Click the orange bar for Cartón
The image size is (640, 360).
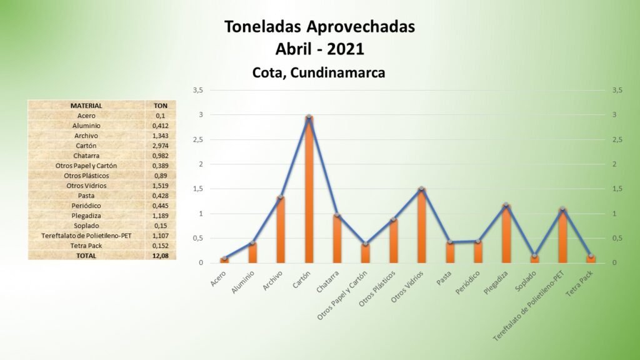click(x=309, y=190)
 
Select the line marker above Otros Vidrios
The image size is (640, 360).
click(x=422, y=189)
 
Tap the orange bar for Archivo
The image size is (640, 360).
click(x=281, y=230)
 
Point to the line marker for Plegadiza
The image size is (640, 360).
click(x=506, y=205)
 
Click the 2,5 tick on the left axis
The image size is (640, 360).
click(x=198, y=139)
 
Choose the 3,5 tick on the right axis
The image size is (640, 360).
click(x=617, y=90)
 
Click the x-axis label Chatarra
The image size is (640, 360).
click(x=327, y=282)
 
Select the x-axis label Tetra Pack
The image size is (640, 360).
click(x=579, y=284)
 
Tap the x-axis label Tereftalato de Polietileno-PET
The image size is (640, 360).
click(x=528, y=306)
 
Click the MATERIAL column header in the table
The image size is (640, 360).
click(x=86, y=106)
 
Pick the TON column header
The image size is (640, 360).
click(x=161, y=106)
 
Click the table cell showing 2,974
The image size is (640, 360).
click(x=161, y=146)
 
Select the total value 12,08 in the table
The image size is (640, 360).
click(x=161, y=256)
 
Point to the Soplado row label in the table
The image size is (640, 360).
click(x=86, y=226)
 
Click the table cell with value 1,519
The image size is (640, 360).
click(x=161, y=186)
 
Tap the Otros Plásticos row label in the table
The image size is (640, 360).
click(x=86, y=176)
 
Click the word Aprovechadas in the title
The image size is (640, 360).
click(x=361, y=27)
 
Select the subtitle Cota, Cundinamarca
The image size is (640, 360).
click(x=319, y=72)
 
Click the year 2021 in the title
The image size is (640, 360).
click(x=345, y=49)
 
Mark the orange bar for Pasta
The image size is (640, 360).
click(x=450, y=252)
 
